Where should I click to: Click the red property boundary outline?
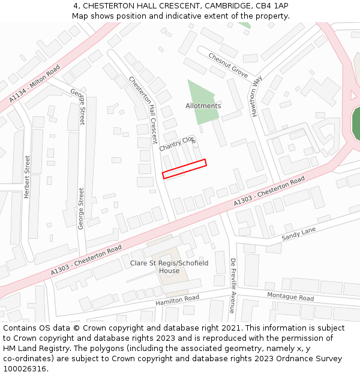pyautogui.click(x=184, y=169)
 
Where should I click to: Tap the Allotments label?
pyautogui.click(x=203, y=106)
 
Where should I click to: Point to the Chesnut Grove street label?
pyautogui.click(x=228, y=65)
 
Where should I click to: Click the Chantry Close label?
pyautogui.click(x=178, y=143)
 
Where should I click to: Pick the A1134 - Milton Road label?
pyautogui.click(x=35, y=83)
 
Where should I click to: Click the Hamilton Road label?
pyautogui.click(x=177, y=300)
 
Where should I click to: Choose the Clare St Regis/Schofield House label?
pyautogui.click(x=169, y=266)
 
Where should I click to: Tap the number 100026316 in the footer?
pyautogui.click(x=23, y=368)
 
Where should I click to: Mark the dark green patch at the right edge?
pyautogui.click(x=356, y=123)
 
